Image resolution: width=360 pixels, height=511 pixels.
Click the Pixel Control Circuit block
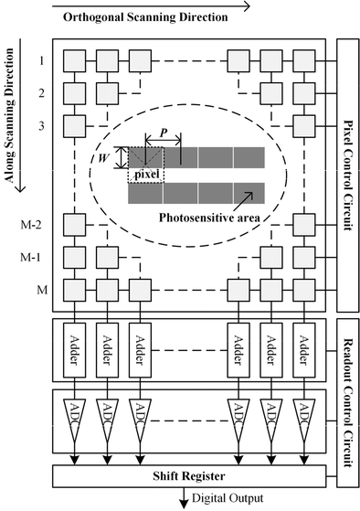[347, 174]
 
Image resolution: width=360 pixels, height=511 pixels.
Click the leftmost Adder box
[73, 346]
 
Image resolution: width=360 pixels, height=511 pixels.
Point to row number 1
[40, 61]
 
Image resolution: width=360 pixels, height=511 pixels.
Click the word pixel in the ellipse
[147, 173]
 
